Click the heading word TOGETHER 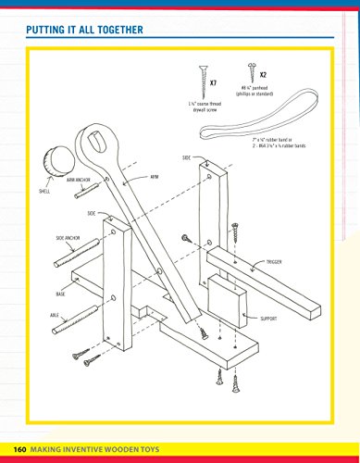(118, 31)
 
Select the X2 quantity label (263, 74)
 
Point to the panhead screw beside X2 (248, 72)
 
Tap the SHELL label (44, 191)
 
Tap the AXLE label (56, 315)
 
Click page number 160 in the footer (19, 450)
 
